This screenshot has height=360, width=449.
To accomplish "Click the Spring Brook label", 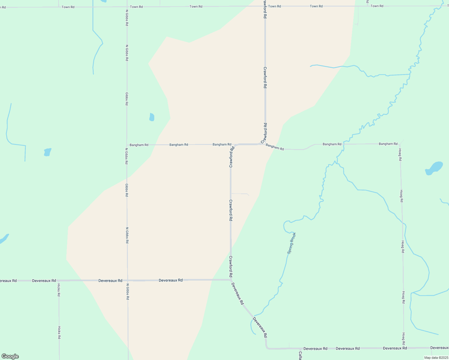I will [291, 243].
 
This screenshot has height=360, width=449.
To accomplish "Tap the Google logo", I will [10, 356].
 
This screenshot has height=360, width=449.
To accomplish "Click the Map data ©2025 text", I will [436, 358].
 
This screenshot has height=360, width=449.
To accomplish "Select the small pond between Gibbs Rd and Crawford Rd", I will [152, 117].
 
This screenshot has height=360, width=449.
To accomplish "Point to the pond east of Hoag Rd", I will [434, 168].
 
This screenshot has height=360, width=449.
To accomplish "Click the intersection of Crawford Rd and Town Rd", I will [265, 6].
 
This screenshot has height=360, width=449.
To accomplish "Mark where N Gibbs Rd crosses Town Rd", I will [127, 7].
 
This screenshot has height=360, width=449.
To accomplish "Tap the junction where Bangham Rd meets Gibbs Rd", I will [127, 145].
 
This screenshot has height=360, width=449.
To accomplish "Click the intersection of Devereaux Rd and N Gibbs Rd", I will [128, 280].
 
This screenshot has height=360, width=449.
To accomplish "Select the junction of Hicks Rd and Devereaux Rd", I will [59, 281].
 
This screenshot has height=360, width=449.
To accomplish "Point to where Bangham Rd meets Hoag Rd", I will [399, 144].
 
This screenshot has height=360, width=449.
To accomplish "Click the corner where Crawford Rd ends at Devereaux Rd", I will [231, 280].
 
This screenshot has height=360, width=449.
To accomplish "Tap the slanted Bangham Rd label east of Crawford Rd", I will [275, 147].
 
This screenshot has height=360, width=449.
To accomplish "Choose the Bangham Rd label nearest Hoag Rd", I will [388, 144].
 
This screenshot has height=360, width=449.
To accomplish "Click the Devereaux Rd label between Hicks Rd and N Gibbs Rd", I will [110, 280].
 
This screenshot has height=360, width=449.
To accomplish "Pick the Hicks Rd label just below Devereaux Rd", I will [59, 290].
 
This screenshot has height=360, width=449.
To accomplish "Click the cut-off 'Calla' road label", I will [300, 355].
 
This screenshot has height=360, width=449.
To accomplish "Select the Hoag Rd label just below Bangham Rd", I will [400, 154].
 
